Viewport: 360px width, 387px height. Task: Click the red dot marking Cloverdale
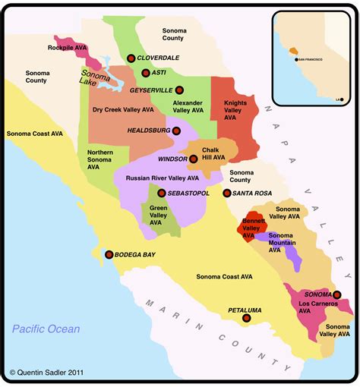[x=131, y=58]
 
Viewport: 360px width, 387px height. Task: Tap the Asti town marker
[x=145, y=73]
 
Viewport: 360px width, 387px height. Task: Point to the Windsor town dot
[x=194, y=159]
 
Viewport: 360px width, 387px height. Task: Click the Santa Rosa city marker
[x=226, y=193]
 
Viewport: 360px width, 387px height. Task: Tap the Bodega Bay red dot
[x=109, y=254]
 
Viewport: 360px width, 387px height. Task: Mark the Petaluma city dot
[x=245, y=319]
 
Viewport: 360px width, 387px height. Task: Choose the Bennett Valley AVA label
[x=253, y=228]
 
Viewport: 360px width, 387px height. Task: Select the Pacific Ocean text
[x=46, y=329]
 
